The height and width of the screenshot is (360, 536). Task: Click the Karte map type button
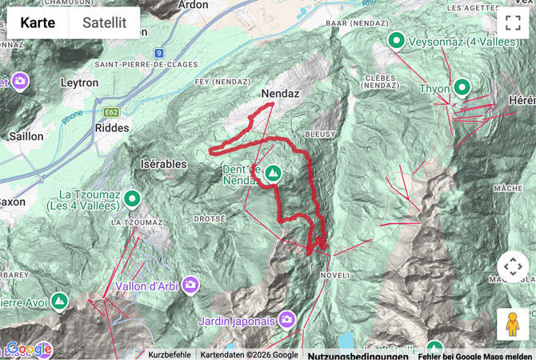tap(38, 23)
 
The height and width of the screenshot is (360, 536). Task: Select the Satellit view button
tap(105, 23)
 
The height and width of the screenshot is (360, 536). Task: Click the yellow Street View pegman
tap(512, 324)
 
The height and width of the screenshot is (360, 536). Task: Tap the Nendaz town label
tap(280, 94)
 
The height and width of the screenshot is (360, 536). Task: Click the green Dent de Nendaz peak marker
tap(274, 173)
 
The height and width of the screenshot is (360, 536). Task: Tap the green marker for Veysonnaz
tap(395, 39)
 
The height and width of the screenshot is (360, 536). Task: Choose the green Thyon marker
tap(462, 86)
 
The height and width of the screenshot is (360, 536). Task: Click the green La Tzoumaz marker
tap(132, 198)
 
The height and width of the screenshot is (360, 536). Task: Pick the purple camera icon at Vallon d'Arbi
tap(190, 284)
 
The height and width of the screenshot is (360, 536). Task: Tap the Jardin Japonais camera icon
tap(287, 320)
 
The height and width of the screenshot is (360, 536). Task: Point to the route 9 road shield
tap(159, 54)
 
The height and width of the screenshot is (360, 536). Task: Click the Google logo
tap(29, 350)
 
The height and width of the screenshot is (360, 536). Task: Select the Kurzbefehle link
tap(170, 354)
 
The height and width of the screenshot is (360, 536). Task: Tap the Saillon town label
tap(26, 136)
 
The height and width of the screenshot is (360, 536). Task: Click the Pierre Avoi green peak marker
tap(58, 301)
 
